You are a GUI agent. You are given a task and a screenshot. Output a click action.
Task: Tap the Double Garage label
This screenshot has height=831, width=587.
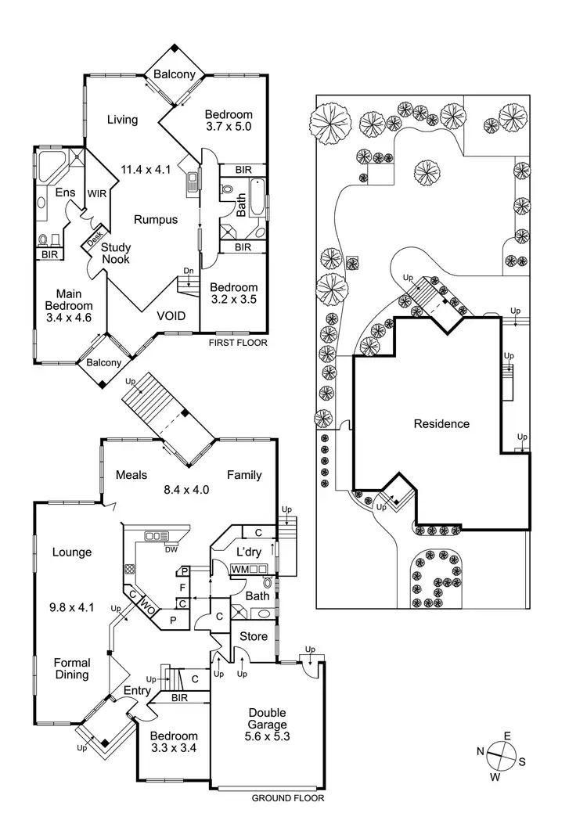click(267, 725)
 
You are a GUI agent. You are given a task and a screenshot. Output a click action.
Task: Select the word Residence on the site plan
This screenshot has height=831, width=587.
click(441, 424)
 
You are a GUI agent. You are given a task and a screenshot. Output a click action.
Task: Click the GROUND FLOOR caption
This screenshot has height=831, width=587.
click(287, 799)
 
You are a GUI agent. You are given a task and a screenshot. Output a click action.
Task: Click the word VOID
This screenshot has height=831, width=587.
click(171, 316)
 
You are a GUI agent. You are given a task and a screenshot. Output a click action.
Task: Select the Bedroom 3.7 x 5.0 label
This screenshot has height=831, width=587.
click(229, 121)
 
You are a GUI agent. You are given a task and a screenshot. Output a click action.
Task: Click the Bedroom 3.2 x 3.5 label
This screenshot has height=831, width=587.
click(234, 293)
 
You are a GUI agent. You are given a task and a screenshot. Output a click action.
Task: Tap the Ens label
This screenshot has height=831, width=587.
click(64, 192)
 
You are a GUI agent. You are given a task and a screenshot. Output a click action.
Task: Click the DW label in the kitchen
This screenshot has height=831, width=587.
click(171, 549)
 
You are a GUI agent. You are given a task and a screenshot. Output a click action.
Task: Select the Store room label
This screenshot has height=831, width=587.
click(254, 636)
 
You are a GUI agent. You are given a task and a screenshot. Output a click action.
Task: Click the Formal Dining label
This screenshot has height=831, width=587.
click(72, 668)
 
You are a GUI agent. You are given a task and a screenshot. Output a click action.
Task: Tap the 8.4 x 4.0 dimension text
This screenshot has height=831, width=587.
click(185, 491)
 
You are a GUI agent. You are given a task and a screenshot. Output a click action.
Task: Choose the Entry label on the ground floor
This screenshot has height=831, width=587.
click(138, 689)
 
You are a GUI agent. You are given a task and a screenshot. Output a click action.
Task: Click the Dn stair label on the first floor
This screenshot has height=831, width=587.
click(189, 271)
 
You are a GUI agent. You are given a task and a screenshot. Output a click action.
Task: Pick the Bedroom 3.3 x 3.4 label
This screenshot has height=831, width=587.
click(173, 742)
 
